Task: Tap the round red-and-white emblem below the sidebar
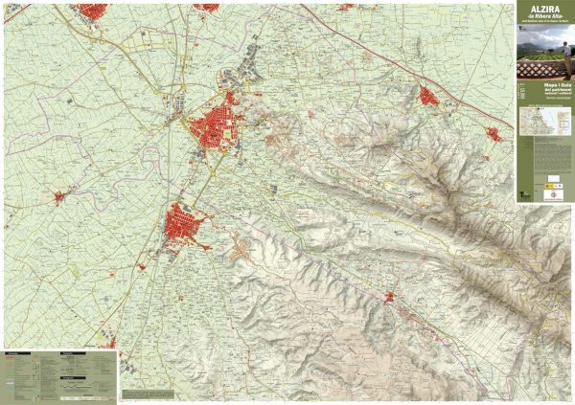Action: click(x=553, y=194)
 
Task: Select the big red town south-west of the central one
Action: click(x=185, y=226)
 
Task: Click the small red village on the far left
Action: click(x=58, y=198)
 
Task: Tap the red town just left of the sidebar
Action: click(x=497, y=133)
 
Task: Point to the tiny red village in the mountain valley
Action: click(x=391, y=298)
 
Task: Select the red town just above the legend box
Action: click(x=108, y=342)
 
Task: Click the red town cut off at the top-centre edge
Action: click(x=206, y=6)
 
